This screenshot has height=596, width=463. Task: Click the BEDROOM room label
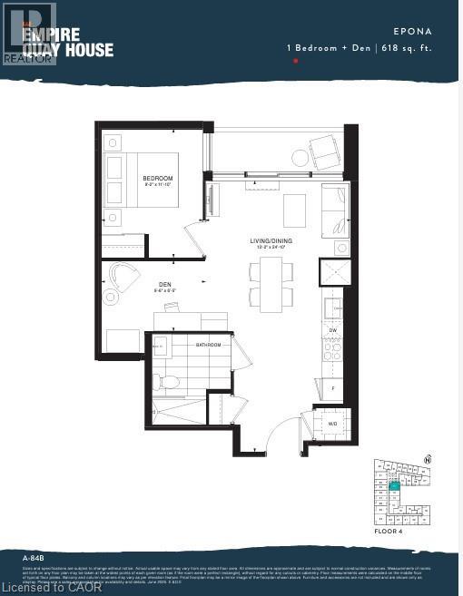click(x=158, y=179)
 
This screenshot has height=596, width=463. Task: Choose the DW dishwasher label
click(x=334, y=330)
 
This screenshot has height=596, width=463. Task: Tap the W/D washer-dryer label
click(x=331, y=423)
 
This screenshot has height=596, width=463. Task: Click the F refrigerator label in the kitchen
click(x=332, y=387)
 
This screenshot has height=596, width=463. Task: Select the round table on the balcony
click(x=300, y=158)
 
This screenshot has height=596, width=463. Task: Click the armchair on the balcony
click(x=324, y=149)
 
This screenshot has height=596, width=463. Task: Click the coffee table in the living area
click(x=294, y=210)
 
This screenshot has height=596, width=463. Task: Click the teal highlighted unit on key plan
click(x=394, y=486)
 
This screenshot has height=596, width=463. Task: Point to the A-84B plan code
click(x=34, y=555)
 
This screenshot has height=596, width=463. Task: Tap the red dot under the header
click(x=296, y=61)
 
